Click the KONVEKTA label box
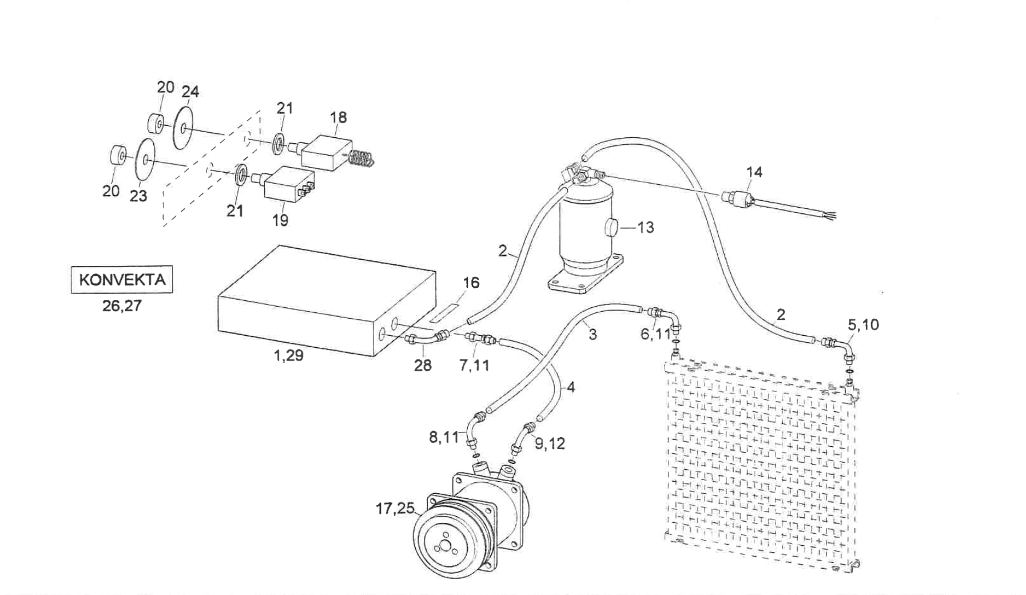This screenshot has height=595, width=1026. point(122,280)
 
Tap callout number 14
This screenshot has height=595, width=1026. point(754,172)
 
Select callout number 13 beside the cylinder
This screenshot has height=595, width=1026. point(646,228)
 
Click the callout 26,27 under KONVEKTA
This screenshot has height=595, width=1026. point(122,306)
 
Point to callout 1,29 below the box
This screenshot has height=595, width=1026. point(289,355)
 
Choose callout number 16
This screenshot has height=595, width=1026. point(471,283)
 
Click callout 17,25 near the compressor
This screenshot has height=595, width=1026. point(395,507)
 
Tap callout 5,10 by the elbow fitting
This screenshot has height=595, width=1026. point(864,325)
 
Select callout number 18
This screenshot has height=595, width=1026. point(339,117)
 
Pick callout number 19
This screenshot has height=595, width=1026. point(280,220)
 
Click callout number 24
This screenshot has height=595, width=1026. point(190,92)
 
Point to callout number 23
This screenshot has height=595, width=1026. point(138,196)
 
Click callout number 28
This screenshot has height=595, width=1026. point(423,365)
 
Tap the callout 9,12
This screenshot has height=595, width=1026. point(550,443)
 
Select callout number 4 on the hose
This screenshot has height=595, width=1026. point(571,387)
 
